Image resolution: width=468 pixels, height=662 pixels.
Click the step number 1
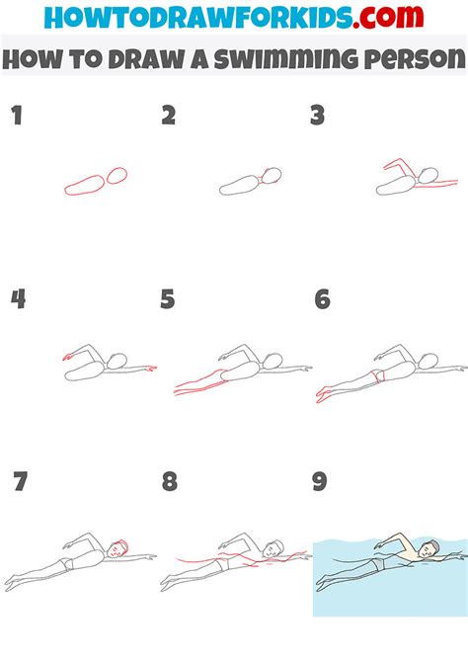(x=16, y=117)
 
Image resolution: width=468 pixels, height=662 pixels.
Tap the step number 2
(x=168, y=117)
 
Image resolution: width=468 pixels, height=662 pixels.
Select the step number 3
(x=317, y=117)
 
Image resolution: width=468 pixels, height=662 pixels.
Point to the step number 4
(x=17, y=299)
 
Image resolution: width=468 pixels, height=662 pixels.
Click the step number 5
(x=168, y=299)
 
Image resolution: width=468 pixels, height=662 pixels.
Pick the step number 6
(x=321, y=299)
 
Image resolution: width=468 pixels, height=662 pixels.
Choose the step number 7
(x=19, y=482)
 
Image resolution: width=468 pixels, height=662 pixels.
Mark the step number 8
(x=169, y=482)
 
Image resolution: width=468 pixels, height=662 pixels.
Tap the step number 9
(x=320, y=482)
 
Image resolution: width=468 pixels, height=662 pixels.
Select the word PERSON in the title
(x=411, y=58)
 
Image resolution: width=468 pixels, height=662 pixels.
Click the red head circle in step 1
(x=117, y=176)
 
